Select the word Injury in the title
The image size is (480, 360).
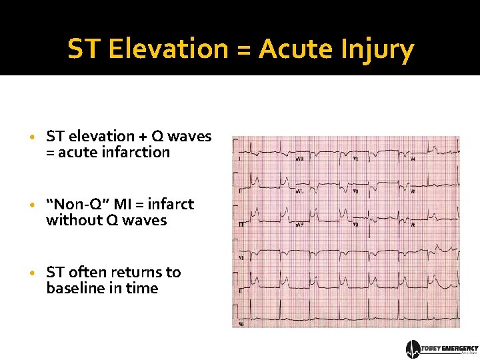pyautogui.click(x=381, y=49)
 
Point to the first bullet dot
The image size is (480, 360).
pyautogui.click(x=33, y=137)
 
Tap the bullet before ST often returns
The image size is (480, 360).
pyautogui.click(x=33, y=273)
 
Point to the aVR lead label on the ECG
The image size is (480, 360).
pyautogui.click(x=300, y=159)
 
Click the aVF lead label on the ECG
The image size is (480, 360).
pyautogui.click(x=301, y=225)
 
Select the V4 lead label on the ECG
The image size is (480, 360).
pyautogui.click(x=413, y=159)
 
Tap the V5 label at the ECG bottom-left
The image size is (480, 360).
pyautogui.click(x=241, y=323)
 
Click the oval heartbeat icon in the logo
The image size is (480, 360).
pyautogui.click(x=413, y=349)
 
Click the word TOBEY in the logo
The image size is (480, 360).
pyautogui.click(x=432, y=348)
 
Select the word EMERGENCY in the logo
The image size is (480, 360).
pyautogui.click(x=460, y=348)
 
